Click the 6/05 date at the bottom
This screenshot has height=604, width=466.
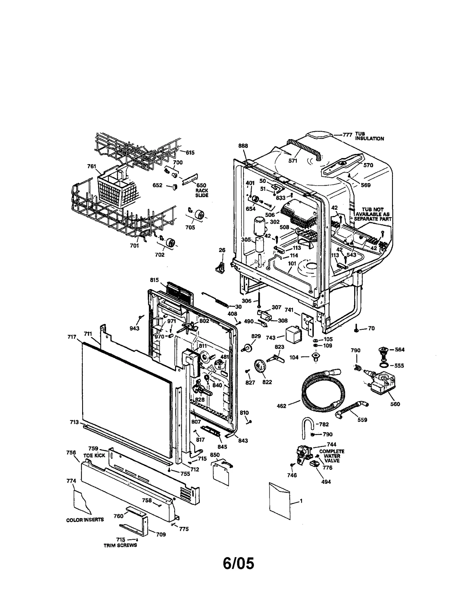(x=238, y=571)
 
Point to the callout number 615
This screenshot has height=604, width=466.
(x=190, y=153)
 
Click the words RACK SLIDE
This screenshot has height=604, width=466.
(x=202, y=193)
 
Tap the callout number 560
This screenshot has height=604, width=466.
(x=395, y=404)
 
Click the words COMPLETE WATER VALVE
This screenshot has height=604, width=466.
(x=332, y=456)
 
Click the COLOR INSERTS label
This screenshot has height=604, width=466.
(x=85, y=520)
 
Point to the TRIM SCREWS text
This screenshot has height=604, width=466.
(x=120, y=545)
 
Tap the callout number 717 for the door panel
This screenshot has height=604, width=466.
(x=72, y=337)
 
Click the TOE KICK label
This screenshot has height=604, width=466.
(x=94, y=456)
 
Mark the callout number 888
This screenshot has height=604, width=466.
(x=243, y=146)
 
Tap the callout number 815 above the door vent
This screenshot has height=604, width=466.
(x=154, y=280)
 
